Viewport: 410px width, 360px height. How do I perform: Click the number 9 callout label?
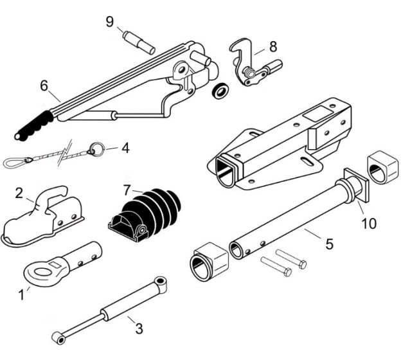[x=110, y=21]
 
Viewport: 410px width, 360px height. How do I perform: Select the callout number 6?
[x=44, y=84]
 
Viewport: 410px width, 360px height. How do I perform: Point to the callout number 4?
[x=125, y=148]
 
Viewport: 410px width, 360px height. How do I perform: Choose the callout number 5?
[x=328, y=244]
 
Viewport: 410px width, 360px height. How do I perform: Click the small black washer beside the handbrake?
[x=220, y=90]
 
